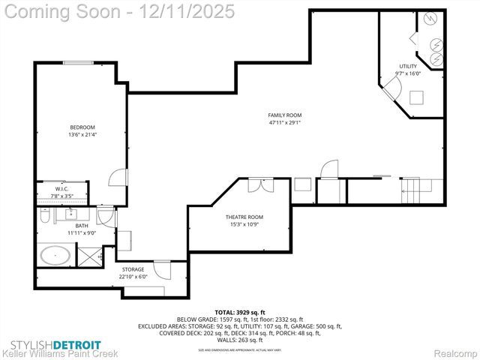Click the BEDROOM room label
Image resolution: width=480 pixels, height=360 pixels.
pyautogui.click(x=82, y=127)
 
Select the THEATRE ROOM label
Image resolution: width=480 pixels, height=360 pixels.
pyautogui.click(x=244, y=217)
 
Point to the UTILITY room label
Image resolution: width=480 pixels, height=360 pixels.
pyautogui.click(x=407, y=67)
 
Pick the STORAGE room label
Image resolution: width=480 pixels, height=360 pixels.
pyautogui.click(x=133, y=269)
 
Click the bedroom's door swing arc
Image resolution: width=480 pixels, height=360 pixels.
pyautogui.click(x=118, y=177)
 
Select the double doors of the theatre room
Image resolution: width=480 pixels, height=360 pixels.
pyautogui.click(x=255, y=184)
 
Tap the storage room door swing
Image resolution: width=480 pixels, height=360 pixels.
pyautogui.click(x=163, y=268)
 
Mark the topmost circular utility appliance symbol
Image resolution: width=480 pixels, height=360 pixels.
pyautogui.click(x=430, y=19)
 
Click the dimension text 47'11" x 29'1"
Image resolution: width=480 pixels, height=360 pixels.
pyautogui.click(x=285, y=123)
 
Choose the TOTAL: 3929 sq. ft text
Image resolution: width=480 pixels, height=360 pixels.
pyautogui.click(x=240, y=311)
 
